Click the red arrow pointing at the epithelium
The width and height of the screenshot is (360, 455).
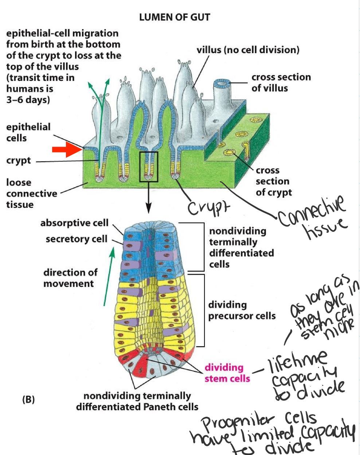click(67, 149)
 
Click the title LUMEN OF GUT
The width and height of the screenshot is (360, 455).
click(175, 17)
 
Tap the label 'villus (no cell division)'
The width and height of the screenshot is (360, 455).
click(248, 50)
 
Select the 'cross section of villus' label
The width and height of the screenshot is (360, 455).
click(281, 83)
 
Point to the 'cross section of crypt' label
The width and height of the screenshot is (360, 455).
click(273, 181)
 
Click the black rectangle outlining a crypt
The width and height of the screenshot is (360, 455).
click(149, 167)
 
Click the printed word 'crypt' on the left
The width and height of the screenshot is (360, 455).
click(18, 161)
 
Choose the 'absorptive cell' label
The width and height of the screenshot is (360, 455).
click(74, 222)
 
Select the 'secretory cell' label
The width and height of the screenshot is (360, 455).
click(77, 239)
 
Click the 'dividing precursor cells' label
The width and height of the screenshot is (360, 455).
click(242, 310)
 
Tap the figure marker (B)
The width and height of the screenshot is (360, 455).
click(28, 400)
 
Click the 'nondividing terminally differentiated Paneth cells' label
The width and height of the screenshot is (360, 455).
click(137, 401)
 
